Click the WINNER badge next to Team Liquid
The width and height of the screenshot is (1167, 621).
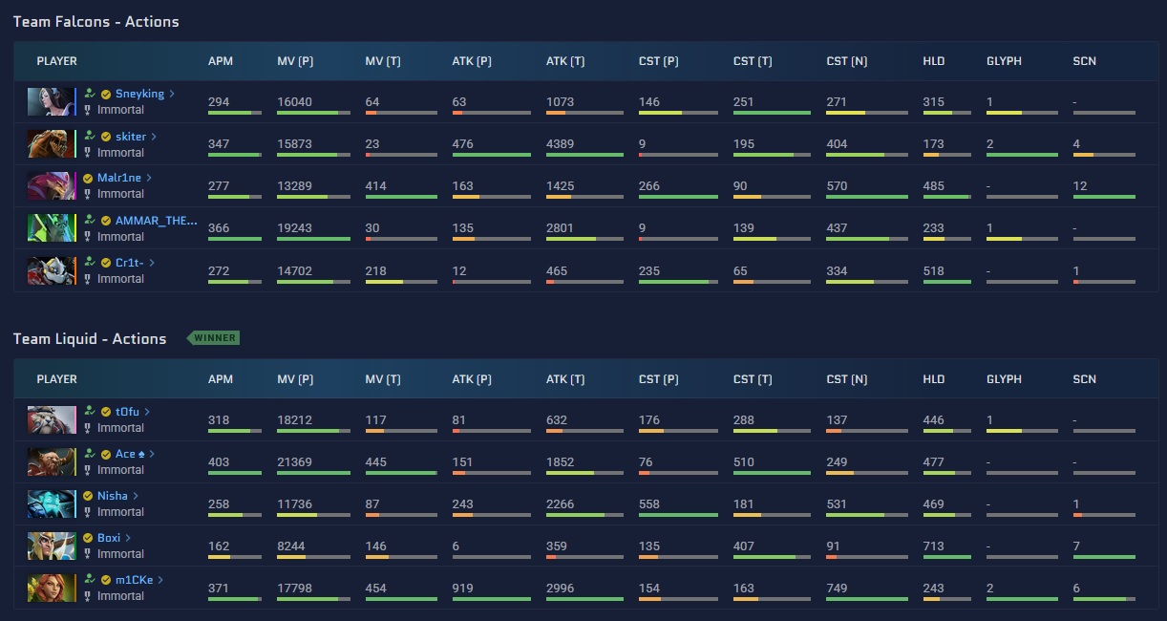tap(214, 338)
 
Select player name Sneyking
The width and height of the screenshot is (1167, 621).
tap(139, 94)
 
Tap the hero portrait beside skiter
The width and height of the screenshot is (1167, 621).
tap(51, 143)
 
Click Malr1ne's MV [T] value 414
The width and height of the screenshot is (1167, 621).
tap(375, 186)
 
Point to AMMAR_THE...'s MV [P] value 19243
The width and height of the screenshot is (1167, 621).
tap(294, 227)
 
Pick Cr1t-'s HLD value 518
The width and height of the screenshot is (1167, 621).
tap(933, 270)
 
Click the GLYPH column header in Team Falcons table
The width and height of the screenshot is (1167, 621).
tap(1004, 61)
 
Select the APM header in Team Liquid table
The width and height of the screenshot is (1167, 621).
tap(221, 379)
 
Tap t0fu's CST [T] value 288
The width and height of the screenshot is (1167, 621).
tap(743, 419)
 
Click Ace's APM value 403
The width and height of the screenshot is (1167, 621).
tap(219, 462)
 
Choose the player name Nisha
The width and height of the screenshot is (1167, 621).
tap(113, 496)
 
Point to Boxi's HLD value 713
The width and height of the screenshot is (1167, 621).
tap(933, 546)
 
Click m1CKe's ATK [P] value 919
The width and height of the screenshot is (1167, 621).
tap(462, 589)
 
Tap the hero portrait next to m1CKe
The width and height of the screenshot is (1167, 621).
tap(51, 588)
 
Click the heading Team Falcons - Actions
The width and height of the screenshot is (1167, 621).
tap(95, 21)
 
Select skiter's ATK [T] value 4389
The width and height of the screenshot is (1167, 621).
tap(560, 144)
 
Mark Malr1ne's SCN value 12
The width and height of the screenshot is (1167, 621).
tap(1080, 186)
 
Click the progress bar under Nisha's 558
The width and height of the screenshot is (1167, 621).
tap(678, 515)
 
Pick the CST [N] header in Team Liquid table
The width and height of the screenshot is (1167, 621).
tap(846, 379)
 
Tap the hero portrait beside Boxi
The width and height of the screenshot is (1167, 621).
tap(51, 546)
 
